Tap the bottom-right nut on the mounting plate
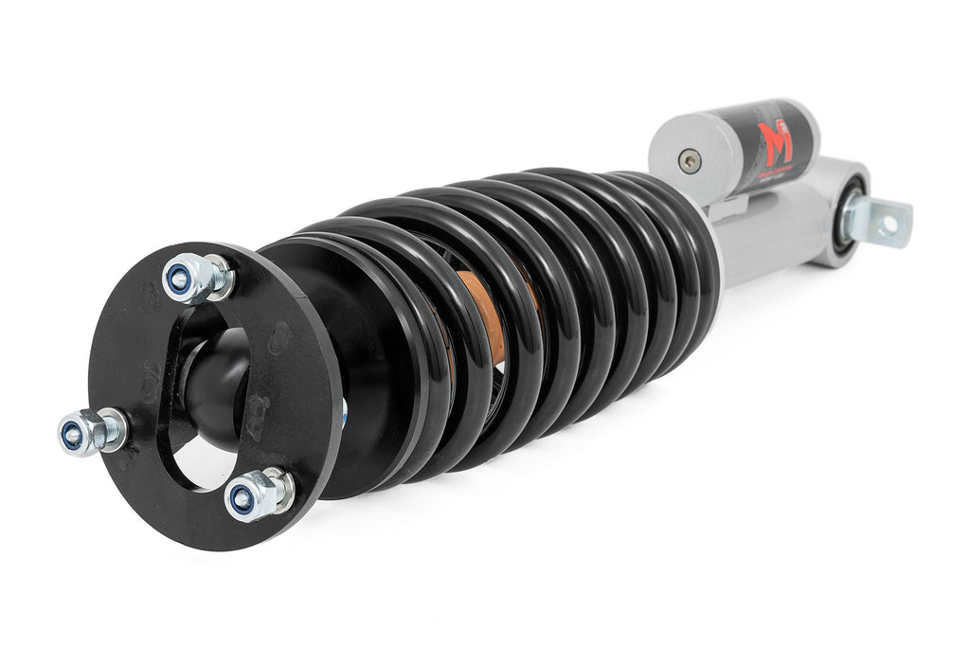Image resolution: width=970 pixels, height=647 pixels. coord(248,497)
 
